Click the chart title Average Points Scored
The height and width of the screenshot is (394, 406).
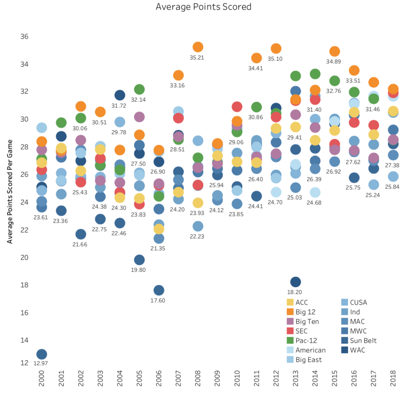pyautogui.click(x=203, y=7)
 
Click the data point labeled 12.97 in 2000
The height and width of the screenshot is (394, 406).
pyautogui.click(x=42, y=354)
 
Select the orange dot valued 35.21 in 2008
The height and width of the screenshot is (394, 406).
pyautogui.click(x=198, y=47)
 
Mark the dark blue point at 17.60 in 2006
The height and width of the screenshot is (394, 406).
pyautogui.click(x=159, y=290)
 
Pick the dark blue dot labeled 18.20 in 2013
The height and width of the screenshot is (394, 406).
pyautogui.click(x=295, y=282)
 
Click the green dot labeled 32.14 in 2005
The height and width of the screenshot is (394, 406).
pyautogui.click(x=139, y=89)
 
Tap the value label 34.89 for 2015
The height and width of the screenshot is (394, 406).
pyautogui.click(x=334, y=62)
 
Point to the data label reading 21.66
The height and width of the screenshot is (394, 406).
pyautogui.click(x=81, y=244)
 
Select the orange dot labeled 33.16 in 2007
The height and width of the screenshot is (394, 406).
pyautogui.click(x=178, y=75)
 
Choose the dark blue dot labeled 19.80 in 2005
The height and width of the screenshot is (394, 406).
pyautogui.click(x=139, y=260)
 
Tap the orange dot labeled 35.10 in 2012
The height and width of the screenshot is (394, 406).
pyautogui.click(x=276, y=49)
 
